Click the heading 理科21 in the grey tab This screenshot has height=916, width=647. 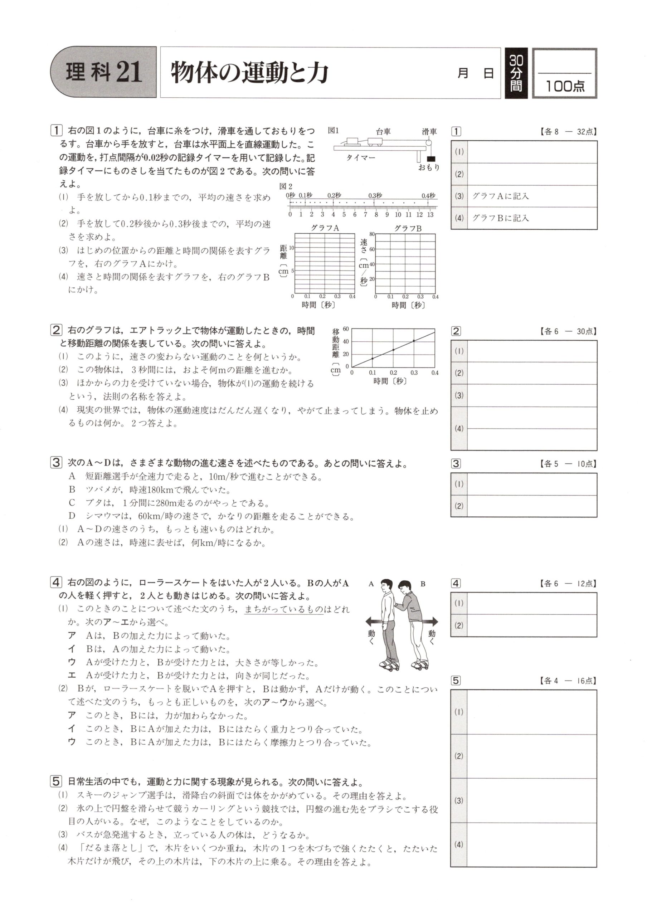[104, 72]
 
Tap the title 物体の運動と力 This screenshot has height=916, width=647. [249, 73]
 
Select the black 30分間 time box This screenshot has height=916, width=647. [516, 73]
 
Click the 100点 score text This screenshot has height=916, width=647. [565, 86]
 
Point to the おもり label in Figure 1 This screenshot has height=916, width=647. [429, 167]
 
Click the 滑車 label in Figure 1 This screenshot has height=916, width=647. [429, 131]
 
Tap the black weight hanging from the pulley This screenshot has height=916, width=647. [431, 159]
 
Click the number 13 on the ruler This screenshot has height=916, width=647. [430, 215]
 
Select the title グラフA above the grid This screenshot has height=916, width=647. [325, 228]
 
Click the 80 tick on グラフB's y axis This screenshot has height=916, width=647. [372, 234]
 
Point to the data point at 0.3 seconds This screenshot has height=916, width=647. [414, 340]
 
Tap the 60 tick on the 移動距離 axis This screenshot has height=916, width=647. [346, 329]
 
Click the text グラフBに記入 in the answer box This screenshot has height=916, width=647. [500, 218]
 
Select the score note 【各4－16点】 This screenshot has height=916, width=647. [568, 681]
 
